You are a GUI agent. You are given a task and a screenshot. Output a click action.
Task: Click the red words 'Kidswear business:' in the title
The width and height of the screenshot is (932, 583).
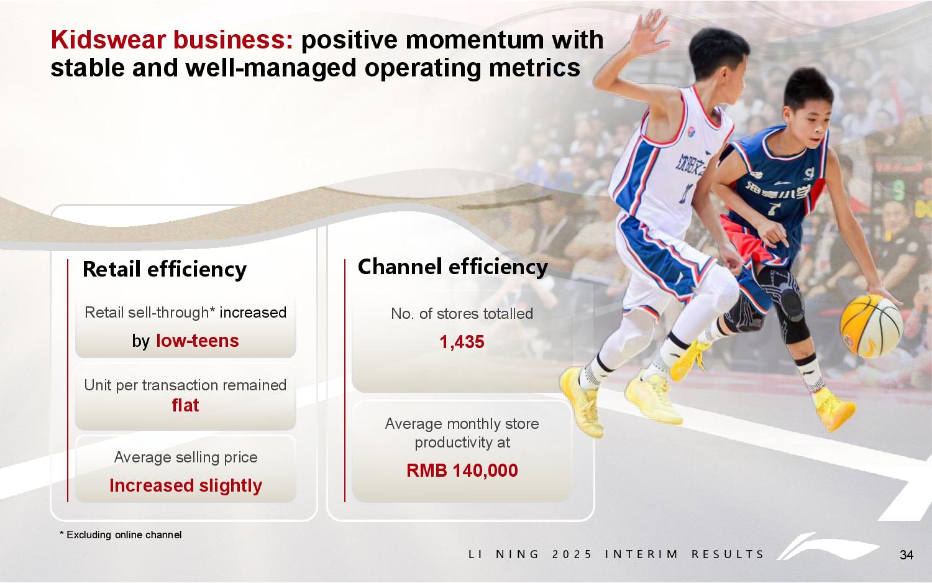pos(172,40)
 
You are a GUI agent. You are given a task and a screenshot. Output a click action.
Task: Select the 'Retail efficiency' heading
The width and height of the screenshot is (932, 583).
pos(165,269)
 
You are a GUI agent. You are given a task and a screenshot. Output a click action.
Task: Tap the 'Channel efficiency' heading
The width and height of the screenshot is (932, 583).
pos(453,267)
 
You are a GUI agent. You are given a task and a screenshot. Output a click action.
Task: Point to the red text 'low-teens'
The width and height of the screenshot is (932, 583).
pos(197,341)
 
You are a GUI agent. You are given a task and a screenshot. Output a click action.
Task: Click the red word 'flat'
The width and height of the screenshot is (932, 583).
pos(186,405)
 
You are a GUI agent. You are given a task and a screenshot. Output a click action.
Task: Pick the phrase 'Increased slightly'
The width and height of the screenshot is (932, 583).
pos(186,485)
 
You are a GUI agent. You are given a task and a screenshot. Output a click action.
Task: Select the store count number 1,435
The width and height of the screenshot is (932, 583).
pos(462,342)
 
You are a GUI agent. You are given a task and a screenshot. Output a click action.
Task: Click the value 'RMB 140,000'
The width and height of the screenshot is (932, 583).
pos(462,471)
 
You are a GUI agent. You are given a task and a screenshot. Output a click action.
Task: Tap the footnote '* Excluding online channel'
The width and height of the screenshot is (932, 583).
pos(121,535)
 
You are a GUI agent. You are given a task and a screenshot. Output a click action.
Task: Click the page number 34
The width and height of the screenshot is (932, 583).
pos(906,554)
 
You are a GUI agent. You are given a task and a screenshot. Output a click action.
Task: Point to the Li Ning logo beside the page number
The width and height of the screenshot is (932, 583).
pos(828,547)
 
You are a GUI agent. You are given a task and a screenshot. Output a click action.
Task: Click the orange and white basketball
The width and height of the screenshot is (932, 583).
pos(871,326)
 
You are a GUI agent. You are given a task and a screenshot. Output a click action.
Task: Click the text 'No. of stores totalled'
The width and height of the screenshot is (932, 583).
pos(462,314)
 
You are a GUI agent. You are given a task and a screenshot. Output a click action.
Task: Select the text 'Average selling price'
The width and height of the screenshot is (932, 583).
pos(186,457)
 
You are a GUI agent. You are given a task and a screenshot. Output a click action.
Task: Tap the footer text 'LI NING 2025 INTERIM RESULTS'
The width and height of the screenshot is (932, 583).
pos(616,554)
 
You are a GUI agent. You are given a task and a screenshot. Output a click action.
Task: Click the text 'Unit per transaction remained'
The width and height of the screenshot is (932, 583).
pos(186,385)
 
